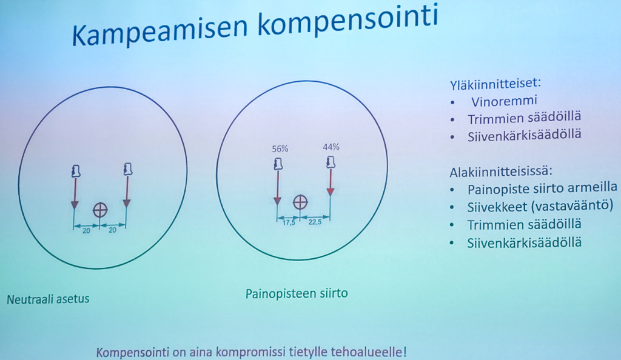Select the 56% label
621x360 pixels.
click(x=280, y=148)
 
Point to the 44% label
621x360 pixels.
click(x=331, y=147)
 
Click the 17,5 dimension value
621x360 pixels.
click(x=289, y=222)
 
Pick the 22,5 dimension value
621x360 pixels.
click(x=315, y=222)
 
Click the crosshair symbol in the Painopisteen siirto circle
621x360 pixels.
click(x=300, y=202)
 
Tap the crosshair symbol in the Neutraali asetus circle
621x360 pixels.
click(x=100, y=210)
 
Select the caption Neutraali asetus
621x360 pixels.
click(x=48, y=299)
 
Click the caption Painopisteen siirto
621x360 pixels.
click(x=297, y=294)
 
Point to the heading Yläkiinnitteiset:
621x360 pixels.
click(x=495, y=84)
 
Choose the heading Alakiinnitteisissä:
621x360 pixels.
click(x=500, y=172)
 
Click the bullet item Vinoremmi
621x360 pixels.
click(x=504, y=101)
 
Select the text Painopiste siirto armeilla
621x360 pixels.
click(x=542, y=188)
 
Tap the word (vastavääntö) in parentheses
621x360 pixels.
click(x=572, y=206)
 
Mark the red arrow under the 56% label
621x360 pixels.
click(x=278, y=187)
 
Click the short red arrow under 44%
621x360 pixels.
click(x=331, y=182)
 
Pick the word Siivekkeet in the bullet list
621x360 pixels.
click(x=497, y=207)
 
